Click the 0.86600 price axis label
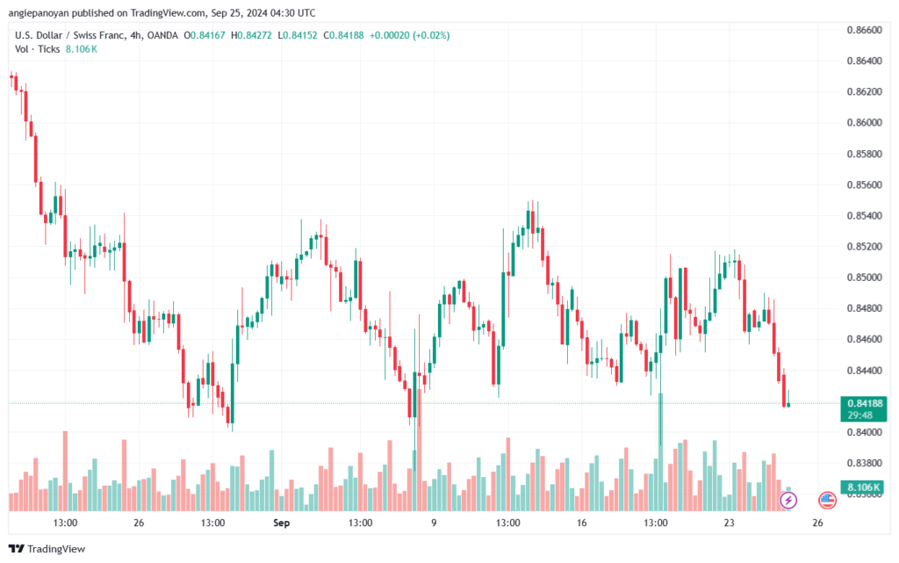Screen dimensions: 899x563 864,30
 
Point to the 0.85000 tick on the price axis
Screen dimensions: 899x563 864,278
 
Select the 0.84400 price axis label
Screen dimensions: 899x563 864,371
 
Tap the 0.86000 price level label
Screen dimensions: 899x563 864,123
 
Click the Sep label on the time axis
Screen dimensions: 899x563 282,523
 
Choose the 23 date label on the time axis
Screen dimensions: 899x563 729,523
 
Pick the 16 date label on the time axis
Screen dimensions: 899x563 582,523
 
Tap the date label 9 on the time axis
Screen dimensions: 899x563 434,523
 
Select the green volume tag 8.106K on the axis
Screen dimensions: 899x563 864,487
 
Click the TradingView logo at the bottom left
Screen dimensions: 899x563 47,549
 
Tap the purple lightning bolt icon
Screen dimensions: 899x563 788,501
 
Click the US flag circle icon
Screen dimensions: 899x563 827,501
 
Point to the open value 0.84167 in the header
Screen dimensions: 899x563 208,35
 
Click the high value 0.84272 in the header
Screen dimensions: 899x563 255,35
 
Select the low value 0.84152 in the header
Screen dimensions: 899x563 300,35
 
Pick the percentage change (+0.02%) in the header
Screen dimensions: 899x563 431,35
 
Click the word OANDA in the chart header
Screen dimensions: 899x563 162,35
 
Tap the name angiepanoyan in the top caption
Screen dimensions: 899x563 39,13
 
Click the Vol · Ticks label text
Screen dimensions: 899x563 37,49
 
